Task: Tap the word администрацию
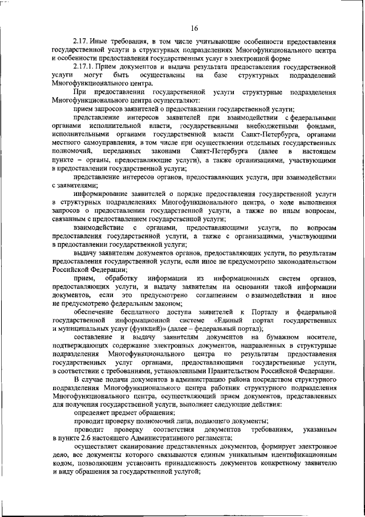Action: coord(188,380)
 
